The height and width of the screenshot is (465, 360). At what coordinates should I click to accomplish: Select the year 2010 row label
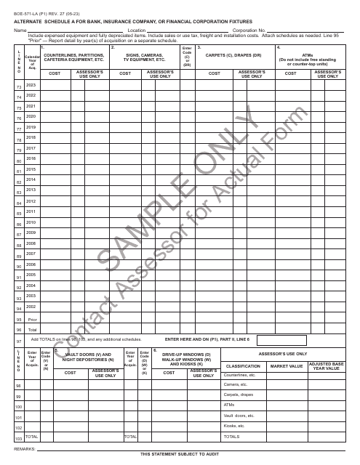[31, 222]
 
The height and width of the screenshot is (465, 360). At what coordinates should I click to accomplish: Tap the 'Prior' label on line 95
[31, 319]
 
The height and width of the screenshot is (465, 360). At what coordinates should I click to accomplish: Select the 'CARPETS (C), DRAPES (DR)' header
[233, 54]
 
